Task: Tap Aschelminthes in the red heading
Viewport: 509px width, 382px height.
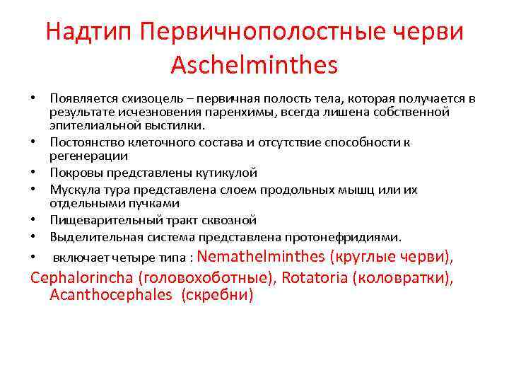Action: click(x=255, y=65)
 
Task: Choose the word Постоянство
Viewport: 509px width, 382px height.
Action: click(x=84, y=141)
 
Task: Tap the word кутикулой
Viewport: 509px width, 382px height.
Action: click(x=228, y=173)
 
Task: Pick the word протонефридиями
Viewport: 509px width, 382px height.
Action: click(x=351, y=236)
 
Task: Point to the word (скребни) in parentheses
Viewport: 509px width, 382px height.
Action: click(x=217, y=295)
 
